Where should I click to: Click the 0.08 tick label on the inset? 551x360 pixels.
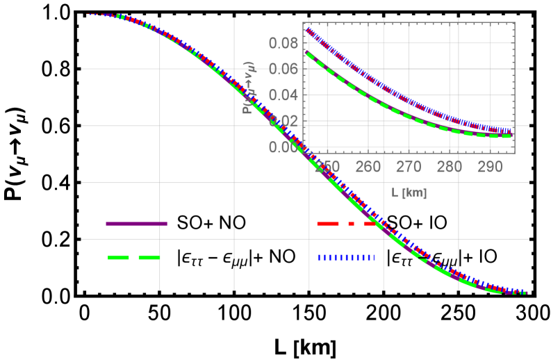(283, 43)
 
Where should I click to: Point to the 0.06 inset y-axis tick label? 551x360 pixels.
(283, 69)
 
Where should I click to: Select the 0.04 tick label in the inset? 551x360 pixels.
(283, 95)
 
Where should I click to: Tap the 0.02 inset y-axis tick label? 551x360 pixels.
(283, 121)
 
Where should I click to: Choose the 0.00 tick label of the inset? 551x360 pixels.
(283, 147)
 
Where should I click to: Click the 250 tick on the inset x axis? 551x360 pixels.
(327, 167)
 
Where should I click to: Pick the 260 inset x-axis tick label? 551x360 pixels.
(368, 167)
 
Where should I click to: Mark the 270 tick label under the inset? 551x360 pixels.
(409, 167)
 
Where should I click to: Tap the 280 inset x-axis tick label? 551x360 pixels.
(450, 167)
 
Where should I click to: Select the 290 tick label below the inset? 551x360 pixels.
(491, 167)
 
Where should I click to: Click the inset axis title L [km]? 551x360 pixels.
(409, 193)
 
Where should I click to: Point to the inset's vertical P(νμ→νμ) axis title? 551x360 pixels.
(247, 86)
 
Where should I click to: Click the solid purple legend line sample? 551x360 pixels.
(136, 224)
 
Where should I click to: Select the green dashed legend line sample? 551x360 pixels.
(134, 257)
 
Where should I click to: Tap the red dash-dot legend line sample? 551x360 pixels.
(346, 224)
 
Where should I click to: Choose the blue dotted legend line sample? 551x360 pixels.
(346, 257)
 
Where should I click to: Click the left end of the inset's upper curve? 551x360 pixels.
(306, 29)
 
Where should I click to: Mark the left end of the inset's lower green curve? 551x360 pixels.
(306, 52)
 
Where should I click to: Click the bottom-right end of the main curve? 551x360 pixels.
(526, 293)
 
